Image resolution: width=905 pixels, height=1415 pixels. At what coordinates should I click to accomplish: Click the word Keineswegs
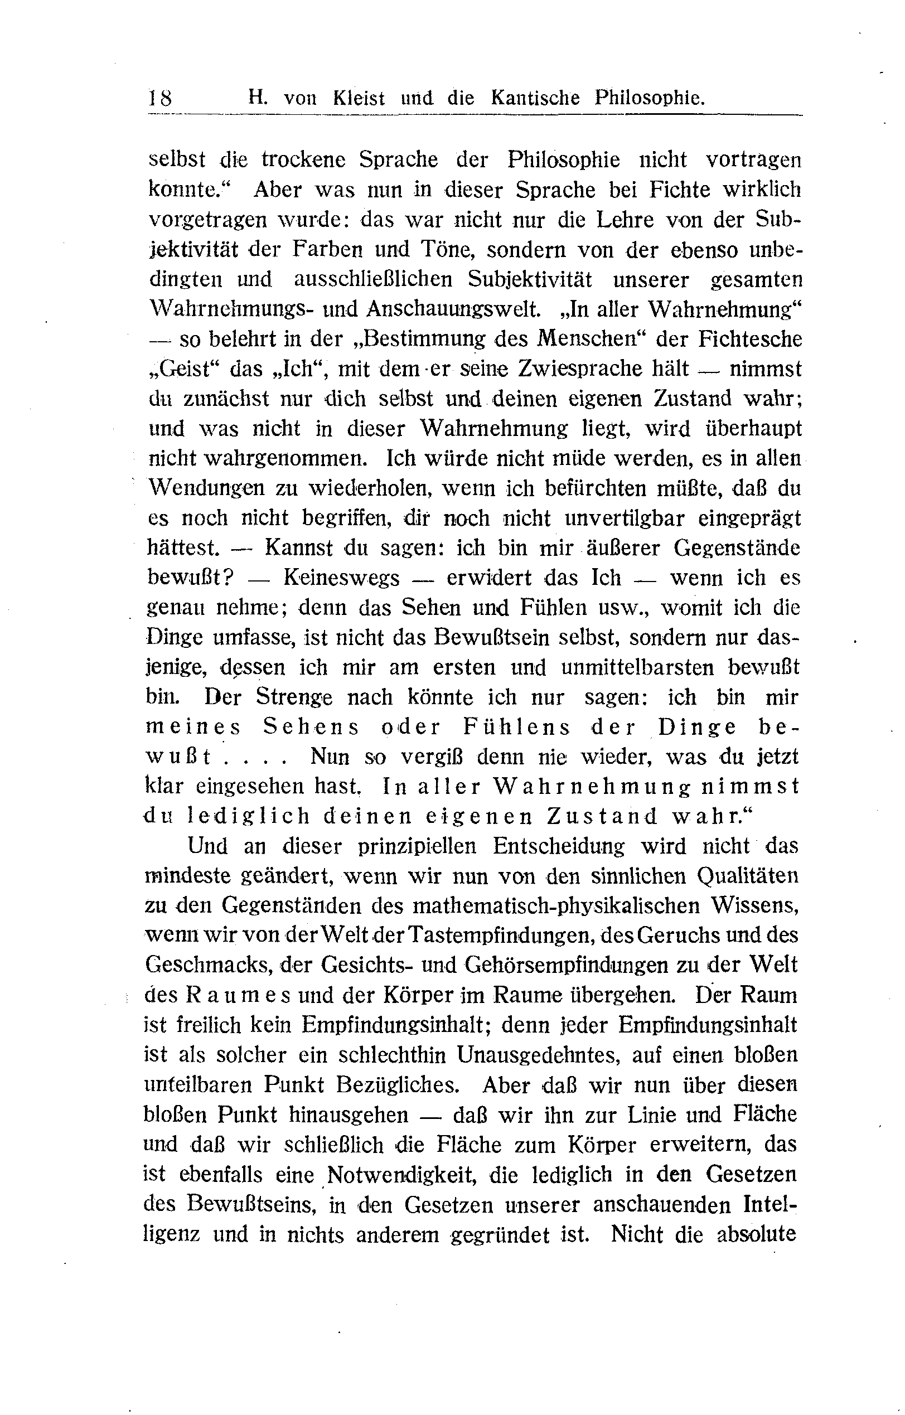point(341,578)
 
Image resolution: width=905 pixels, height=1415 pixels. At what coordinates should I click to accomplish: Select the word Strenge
point(294,697)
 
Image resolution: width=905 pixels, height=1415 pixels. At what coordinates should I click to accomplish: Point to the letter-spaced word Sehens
point(311,727)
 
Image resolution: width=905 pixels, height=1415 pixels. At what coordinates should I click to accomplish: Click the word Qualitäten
point(748,876)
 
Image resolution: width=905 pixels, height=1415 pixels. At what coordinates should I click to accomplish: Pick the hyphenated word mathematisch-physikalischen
point(556,905)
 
